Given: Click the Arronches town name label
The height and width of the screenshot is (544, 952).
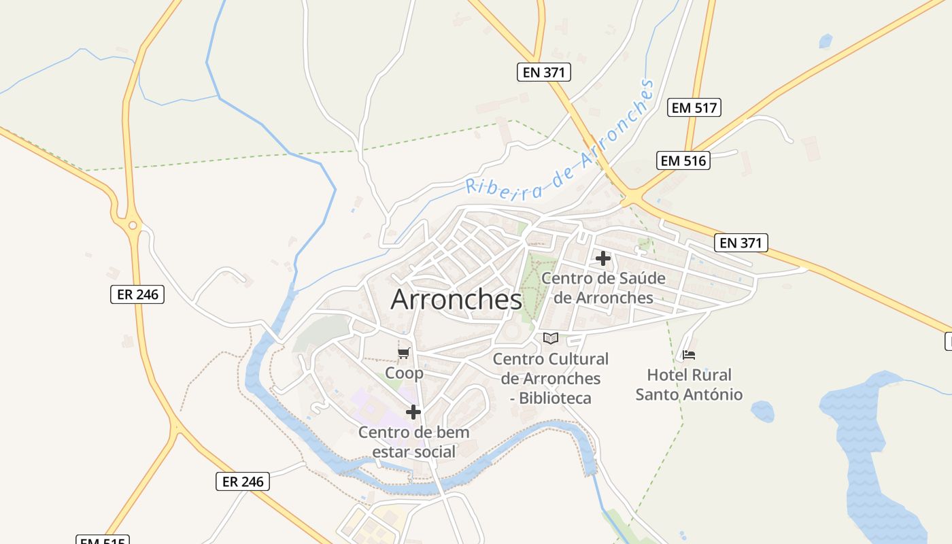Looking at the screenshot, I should [456, 300].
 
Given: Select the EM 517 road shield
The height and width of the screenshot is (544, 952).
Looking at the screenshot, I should [694, 107].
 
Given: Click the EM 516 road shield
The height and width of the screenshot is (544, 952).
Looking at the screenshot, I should [684, 160].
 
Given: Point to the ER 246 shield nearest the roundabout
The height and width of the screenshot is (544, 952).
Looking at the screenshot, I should [137, 294].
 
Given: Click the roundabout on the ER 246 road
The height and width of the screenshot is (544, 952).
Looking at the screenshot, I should [133, 225].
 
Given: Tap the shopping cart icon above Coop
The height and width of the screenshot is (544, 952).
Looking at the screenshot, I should [404, 353].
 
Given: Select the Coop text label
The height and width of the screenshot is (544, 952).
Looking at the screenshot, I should [404, 373].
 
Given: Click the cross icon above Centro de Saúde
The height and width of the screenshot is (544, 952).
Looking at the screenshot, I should [603, 258].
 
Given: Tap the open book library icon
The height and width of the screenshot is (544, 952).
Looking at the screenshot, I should [551, 338].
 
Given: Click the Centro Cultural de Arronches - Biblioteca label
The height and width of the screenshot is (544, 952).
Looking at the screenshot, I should [550, 378].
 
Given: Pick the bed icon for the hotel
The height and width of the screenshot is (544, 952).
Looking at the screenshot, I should [689, 355].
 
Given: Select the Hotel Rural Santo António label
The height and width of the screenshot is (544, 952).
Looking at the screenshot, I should [689, 385].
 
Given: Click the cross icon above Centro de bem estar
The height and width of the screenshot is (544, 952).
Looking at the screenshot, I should [413, 412].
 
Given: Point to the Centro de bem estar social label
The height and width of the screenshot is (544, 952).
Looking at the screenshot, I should [413, 441].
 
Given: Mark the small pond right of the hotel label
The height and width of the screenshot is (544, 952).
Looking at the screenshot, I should [762, 411].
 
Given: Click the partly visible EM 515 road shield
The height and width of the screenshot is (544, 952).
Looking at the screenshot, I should [102, 540].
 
